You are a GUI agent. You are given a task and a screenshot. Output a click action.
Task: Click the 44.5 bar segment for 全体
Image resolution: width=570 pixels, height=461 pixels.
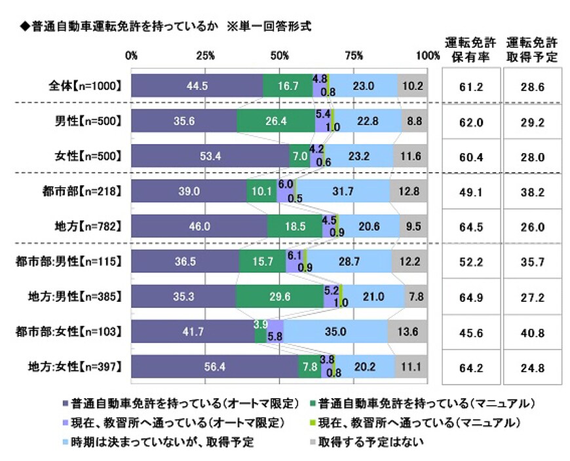[x=197, y=86]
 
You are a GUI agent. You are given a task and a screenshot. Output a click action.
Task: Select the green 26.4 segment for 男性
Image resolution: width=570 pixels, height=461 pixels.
[x=276, y=121]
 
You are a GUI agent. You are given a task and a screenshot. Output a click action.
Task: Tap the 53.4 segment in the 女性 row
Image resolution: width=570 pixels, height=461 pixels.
[x=210, y=157]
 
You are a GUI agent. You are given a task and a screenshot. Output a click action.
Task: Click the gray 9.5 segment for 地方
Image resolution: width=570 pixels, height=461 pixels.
[x=413, y=227]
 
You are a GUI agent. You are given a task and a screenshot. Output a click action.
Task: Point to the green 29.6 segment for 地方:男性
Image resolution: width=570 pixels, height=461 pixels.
[x=280, y=297]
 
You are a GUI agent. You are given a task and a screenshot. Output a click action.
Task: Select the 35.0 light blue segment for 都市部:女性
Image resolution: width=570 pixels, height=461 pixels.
[x=335, y=332]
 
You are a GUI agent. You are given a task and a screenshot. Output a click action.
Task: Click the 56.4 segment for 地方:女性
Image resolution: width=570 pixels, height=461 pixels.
[x=215, y=367]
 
